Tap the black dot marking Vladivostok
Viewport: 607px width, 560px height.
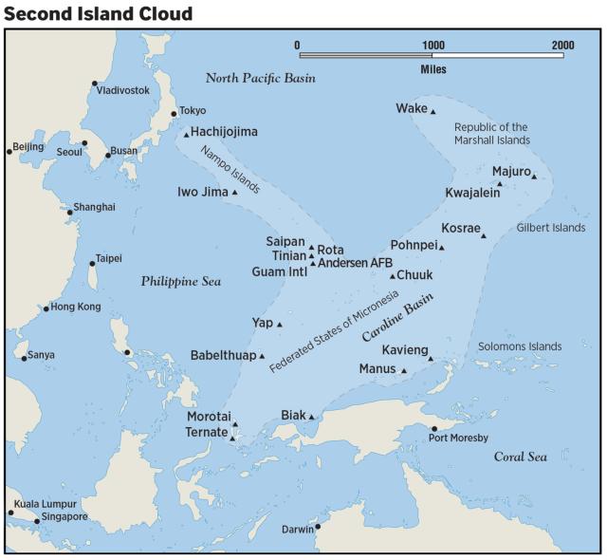click(95, 84)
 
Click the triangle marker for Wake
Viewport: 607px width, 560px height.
click(432, 112)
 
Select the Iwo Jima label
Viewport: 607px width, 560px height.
click(203, 192)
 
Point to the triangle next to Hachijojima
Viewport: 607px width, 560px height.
click(186, 135)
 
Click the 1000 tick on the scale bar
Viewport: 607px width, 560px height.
click(432, 46)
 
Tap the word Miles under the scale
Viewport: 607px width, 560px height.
click(432, 69)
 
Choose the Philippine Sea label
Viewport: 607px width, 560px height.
click(180, 282)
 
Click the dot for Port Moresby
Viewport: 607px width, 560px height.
click(434, 429)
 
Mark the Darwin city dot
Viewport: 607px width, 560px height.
click(318, 527)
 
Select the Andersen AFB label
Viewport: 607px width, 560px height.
click(356, 263)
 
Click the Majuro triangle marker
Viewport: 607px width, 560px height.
click(534, 177)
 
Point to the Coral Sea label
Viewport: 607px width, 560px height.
click(521, 457)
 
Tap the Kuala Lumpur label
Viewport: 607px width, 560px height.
click(45, 504)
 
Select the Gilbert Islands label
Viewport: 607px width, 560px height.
click(551, 228)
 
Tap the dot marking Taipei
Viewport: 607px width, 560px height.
click(93, 264)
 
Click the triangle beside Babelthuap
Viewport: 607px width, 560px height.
click(262, 356)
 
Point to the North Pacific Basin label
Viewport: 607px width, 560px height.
click(261, 78)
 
